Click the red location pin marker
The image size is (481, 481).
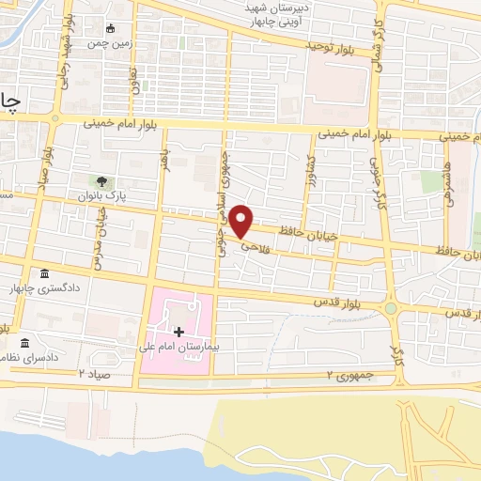(241, 221)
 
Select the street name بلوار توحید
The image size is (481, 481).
(334, 44)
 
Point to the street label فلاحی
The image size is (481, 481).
(256, 247)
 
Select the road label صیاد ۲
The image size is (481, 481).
(94, 374)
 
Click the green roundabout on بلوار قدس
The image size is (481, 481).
(391, 307)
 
